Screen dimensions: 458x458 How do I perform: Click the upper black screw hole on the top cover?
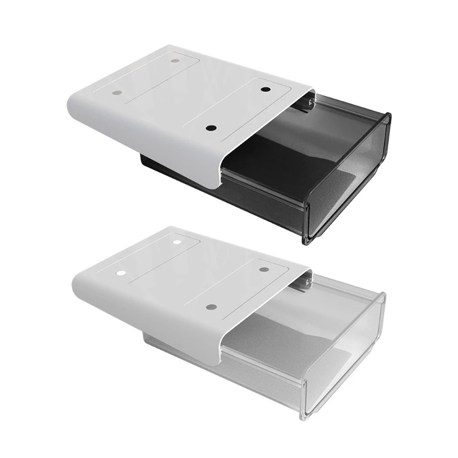coord(265,89)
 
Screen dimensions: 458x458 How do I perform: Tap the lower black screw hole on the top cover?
coord(211,128)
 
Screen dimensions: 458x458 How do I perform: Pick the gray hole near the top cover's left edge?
coord(117,92)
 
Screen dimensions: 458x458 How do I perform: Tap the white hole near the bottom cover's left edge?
coord(121,274)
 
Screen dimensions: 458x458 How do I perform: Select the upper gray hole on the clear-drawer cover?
coord(264,269)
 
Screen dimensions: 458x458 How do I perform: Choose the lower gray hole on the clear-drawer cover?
coord(211,307)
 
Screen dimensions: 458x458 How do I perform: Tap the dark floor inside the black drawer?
coord(269,166)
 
